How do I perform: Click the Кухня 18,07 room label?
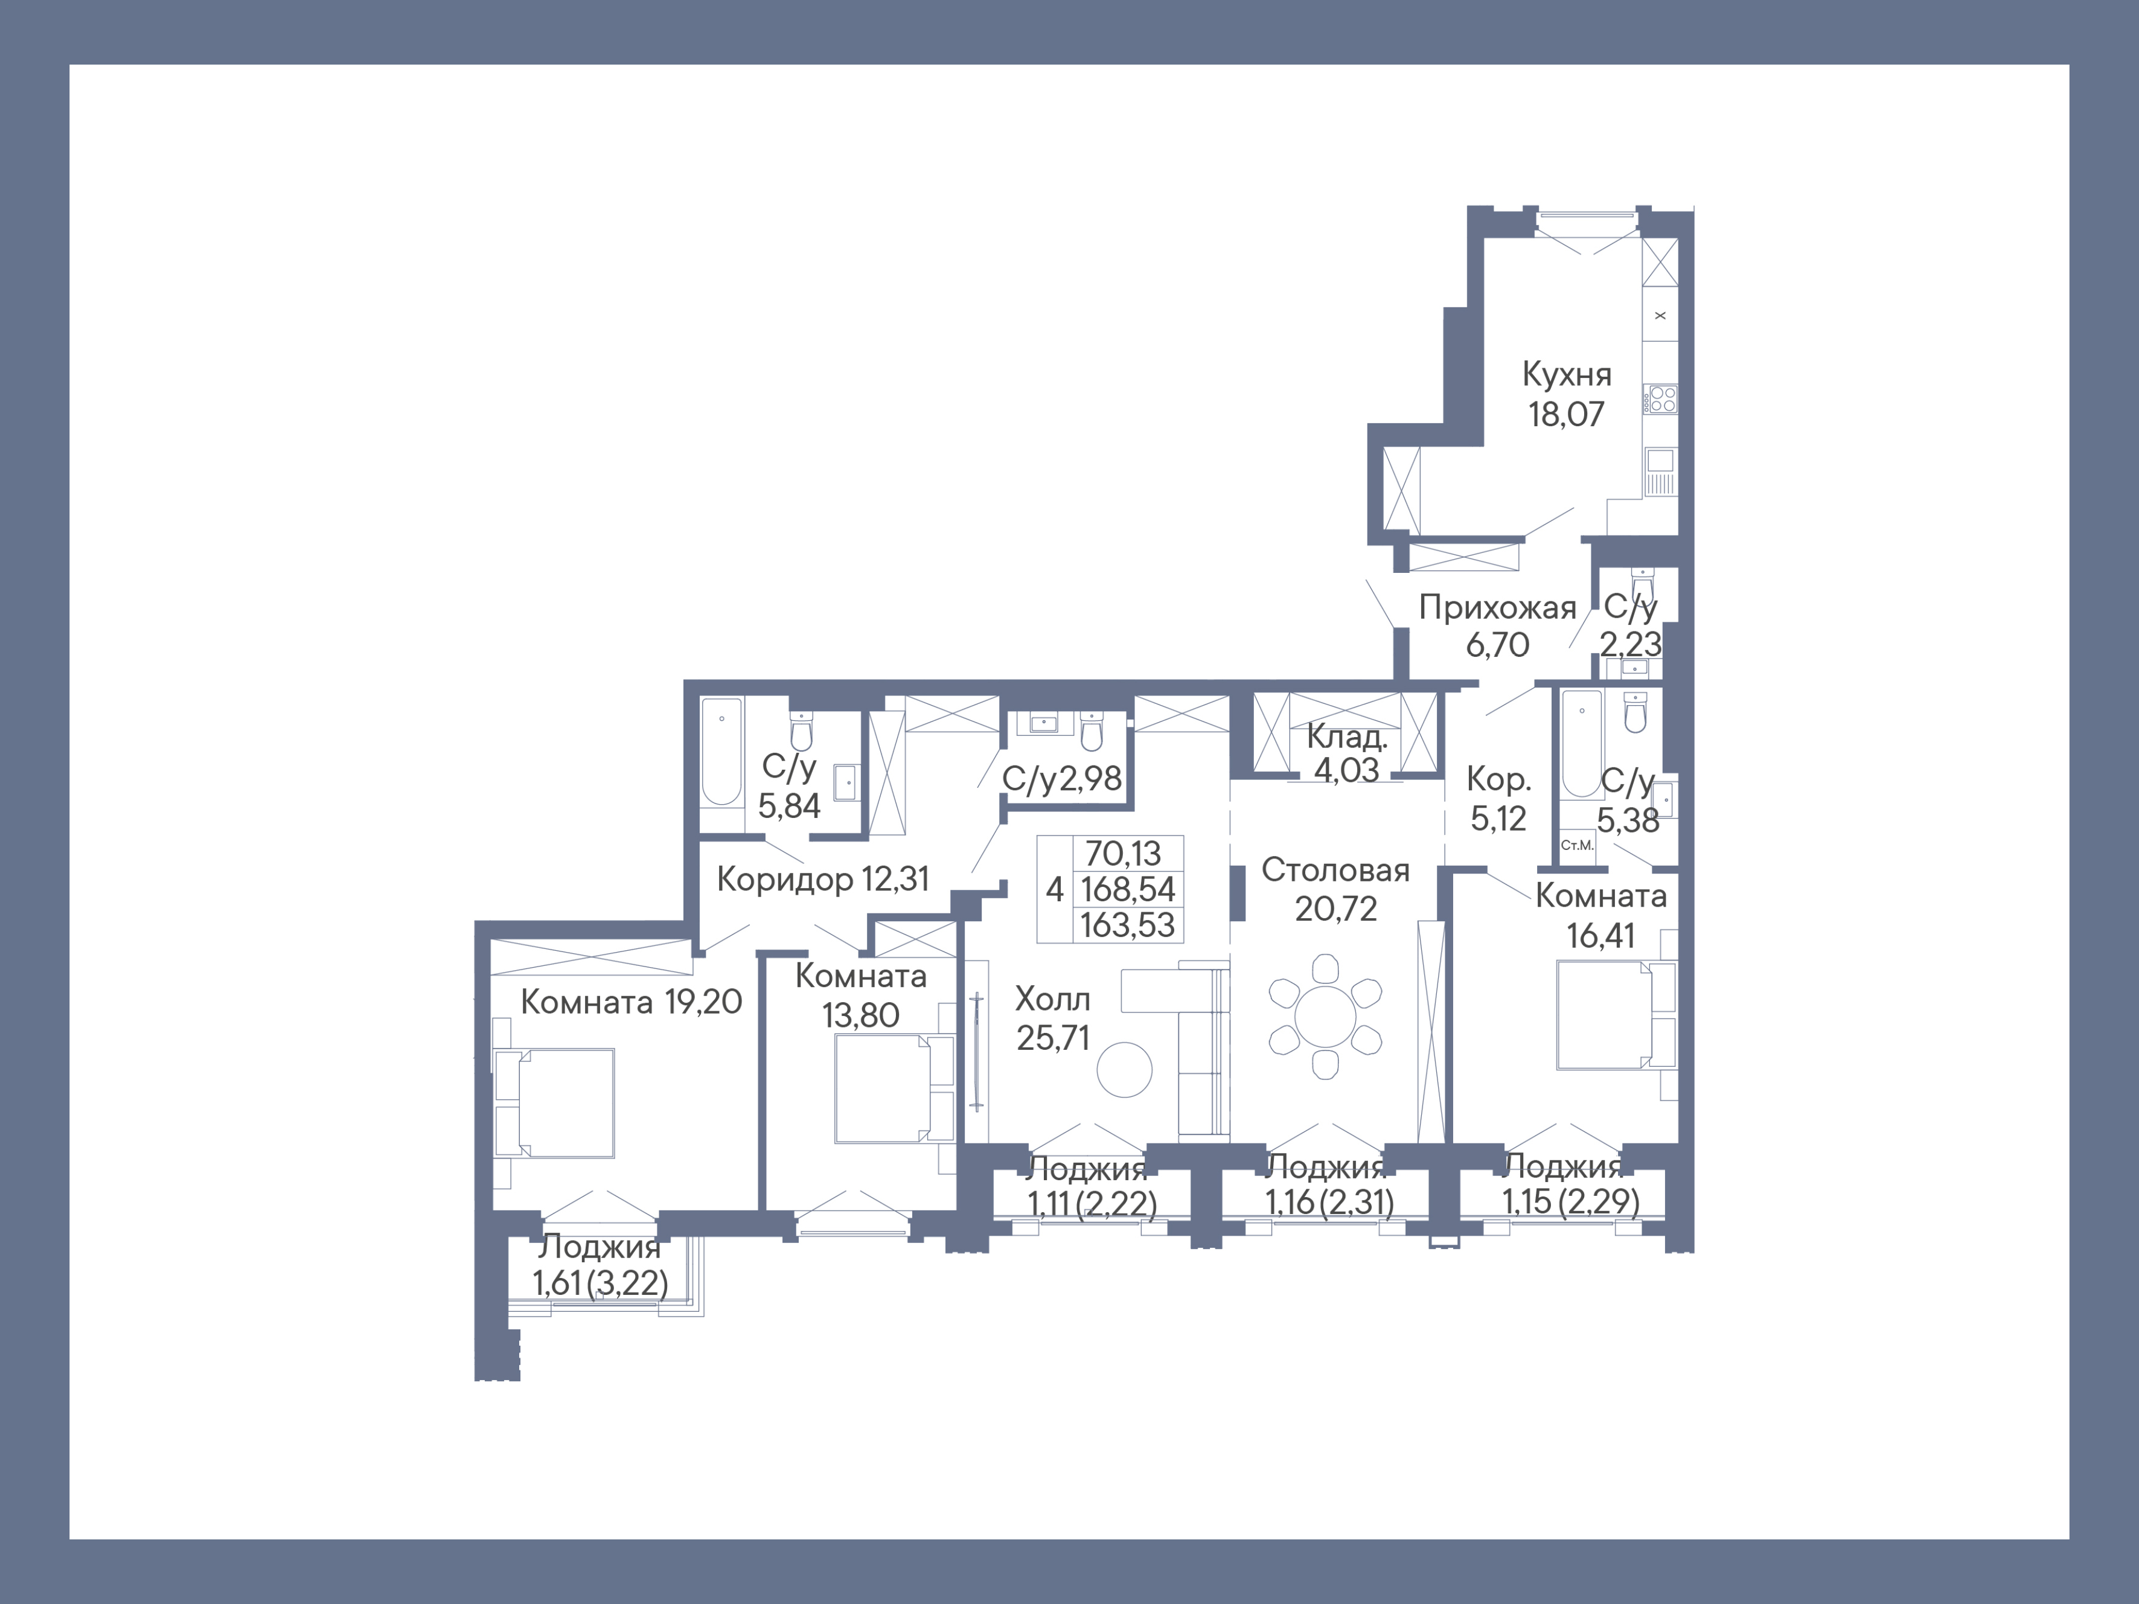click(x=1565, y=394)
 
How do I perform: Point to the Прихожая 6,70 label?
click(x=1497, y=625)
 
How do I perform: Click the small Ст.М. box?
click(x=1577, y=845)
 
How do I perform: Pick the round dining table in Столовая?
click(x=1325, y=1016)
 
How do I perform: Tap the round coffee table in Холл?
click(x=1125, y=1069)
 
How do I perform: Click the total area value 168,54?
click(x=1128, y=889)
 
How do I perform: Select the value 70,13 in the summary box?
click(x=1123, y=853)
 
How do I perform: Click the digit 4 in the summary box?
click(x=1054, y=889)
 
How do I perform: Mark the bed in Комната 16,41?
click(x=1610, y=1015)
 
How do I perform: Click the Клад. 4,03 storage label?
click(x=1346, y=753)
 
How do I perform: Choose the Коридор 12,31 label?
click(x=823, y=879)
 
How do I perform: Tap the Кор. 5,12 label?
click(x=1498, y=799)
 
